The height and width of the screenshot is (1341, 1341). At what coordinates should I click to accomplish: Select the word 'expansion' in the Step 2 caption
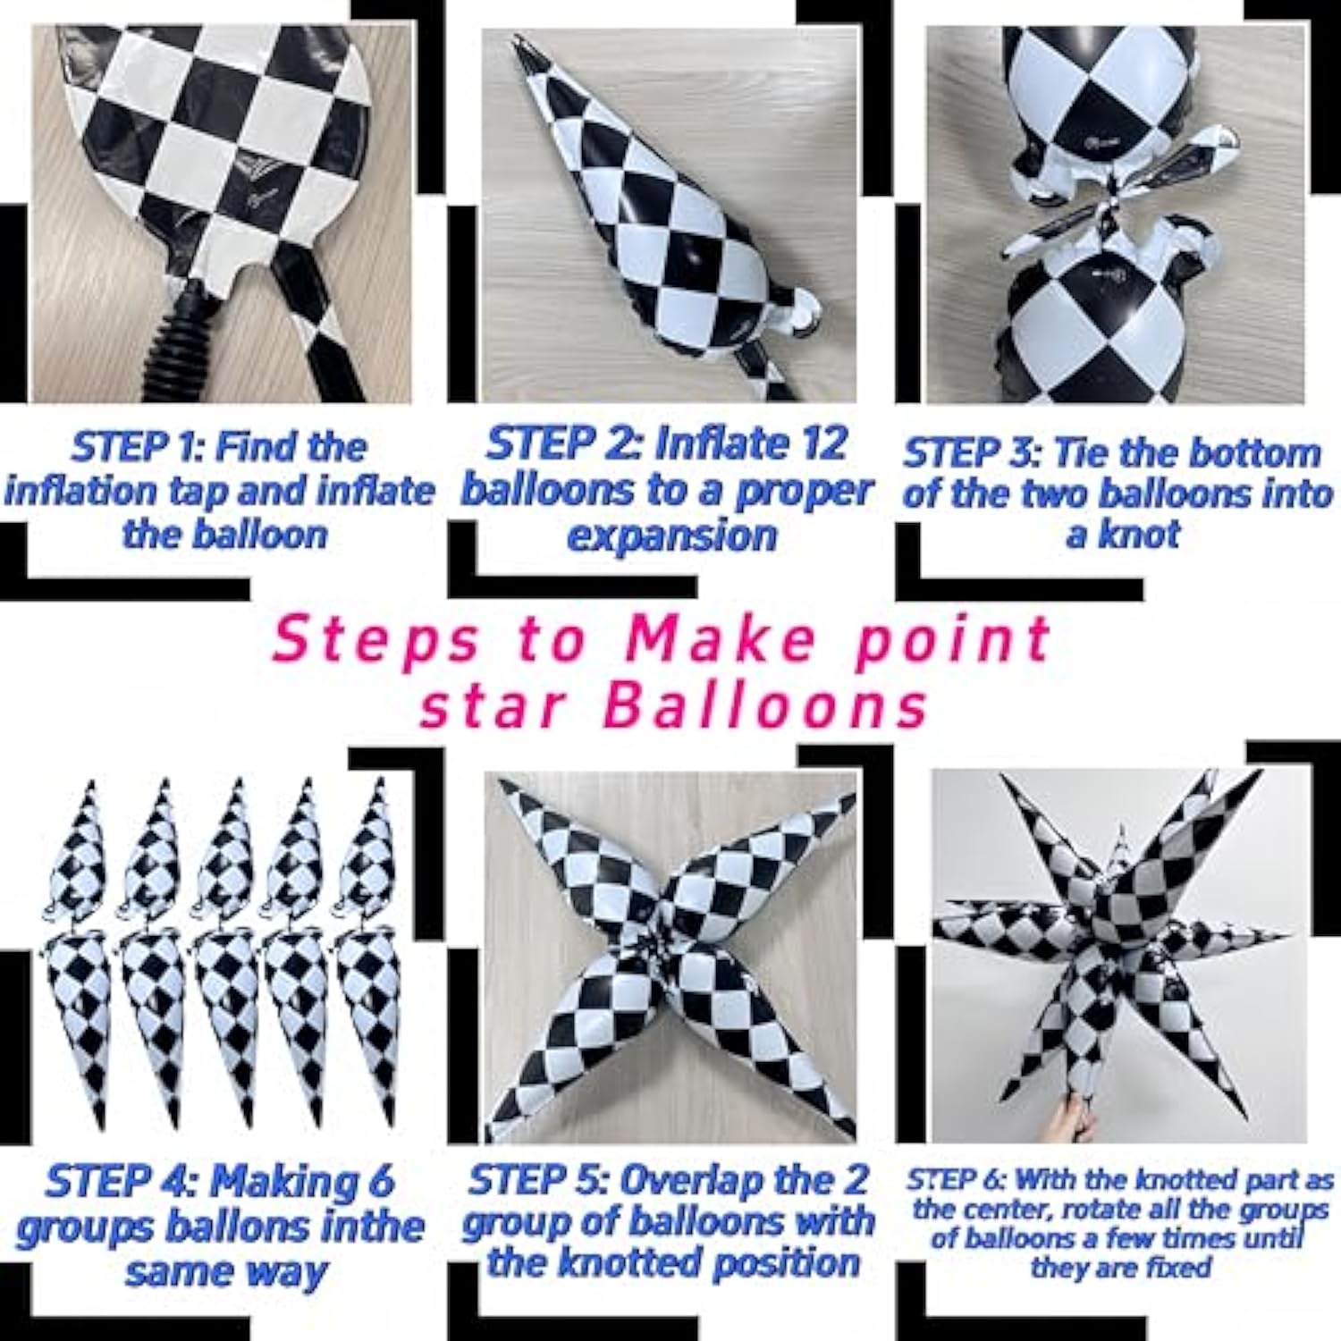(672, 536)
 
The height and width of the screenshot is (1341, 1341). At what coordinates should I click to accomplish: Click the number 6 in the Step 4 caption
(379, 1182)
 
